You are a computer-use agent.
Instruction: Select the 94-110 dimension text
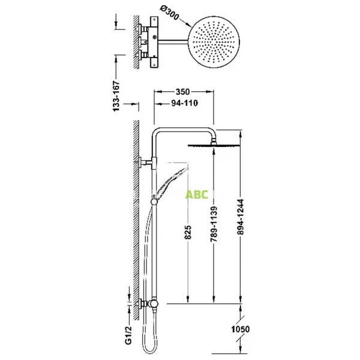pyautogui.click(x=182, y=103)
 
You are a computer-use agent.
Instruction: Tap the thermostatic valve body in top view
pyautogui.click(x=152, y=41)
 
